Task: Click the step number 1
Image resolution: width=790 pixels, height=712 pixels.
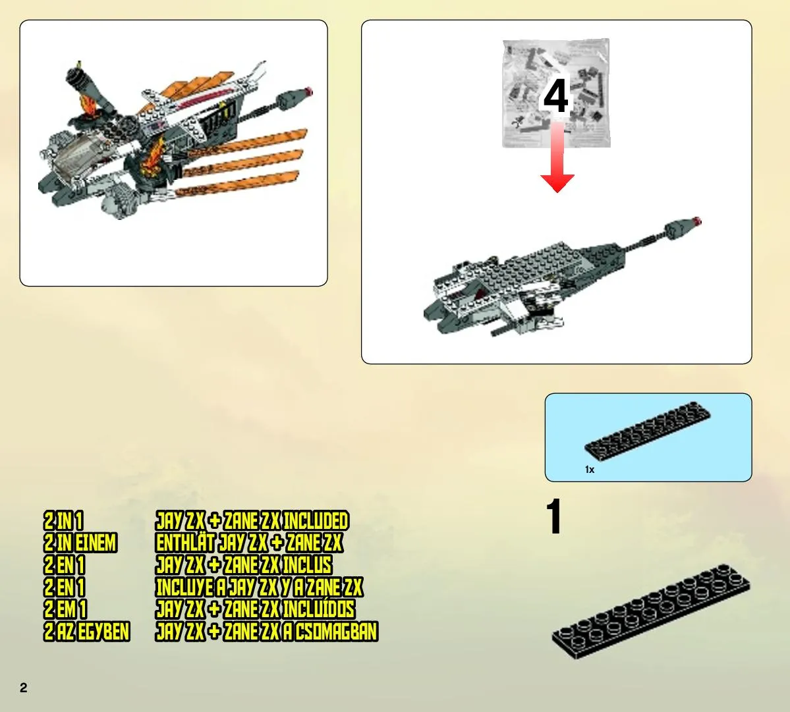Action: point(554,516)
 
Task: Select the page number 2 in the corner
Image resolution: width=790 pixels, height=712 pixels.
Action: point(23,688)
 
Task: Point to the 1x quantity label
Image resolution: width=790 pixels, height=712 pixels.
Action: point(590,470)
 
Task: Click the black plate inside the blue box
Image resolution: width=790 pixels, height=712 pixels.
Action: point(648,431)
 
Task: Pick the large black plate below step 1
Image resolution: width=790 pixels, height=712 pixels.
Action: point(651,611)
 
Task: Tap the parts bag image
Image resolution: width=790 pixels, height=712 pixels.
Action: point(556,94)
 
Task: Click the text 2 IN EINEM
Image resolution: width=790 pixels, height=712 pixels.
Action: point(80,543)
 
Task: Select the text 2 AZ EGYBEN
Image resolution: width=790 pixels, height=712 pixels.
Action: point(87,632)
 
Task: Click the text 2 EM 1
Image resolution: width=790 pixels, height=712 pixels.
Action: point(65,609)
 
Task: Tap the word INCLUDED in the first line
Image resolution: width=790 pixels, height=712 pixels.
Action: point(316,520)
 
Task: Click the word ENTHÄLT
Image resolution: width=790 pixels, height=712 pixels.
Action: point(185,543)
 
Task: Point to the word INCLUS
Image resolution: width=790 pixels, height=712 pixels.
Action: point(307,565)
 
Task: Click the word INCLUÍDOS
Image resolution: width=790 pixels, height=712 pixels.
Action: point(318,609)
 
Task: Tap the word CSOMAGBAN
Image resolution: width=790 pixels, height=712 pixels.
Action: point(336,632)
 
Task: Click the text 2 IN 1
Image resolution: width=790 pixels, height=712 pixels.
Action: point(63,520)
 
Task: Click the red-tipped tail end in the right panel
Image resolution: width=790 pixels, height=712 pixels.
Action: point(697,221)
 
